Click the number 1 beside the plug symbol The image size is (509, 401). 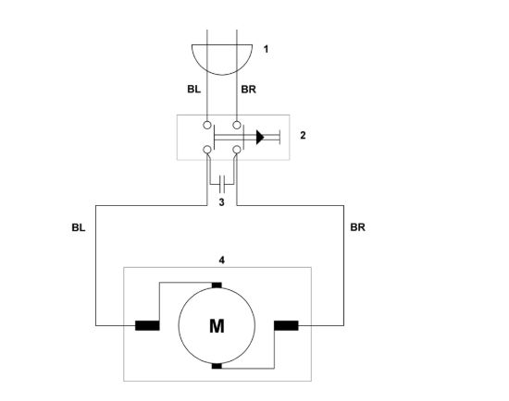(x=267, y=50)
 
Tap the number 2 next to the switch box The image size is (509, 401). (x=303, y=135)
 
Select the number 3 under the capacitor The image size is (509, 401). (x=221, y=202)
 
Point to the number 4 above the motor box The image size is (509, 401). (x=222, y=260)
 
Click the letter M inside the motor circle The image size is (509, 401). (x=217, y=326)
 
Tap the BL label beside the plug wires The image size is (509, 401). (x=193, y=89)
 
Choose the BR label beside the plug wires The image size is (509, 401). (x=248, y=89)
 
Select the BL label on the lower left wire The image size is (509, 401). (x=79, y=227)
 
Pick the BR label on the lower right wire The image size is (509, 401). (x=358, y=227)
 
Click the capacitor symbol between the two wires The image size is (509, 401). (x=222, y=184)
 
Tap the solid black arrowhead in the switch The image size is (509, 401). (x=260, y=137)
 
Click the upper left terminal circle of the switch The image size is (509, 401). (x=207, y=125)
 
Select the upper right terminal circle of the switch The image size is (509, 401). (x=237, y=125)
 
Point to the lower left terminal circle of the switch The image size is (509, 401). (x=207, y=150)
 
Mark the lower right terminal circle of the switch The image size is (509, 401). (x=237, y=150)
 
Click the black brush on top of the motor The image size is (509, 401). (x=217, y=285)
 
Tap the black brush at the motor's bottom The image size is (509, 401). (x=217, y=366)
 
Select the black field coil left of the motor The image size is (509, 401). (x=147, y=325)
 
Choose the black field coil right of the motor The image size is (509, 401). (x=286, y=325)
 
